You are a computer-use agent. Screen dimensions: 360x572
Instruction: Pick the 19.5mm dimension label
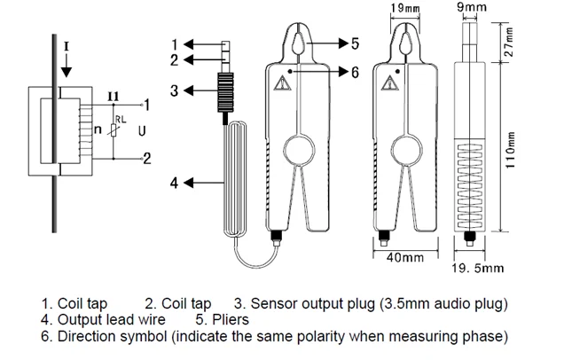[x=478, y=267]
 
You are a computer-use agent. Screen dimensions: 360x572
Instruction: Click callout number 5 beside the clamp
[x=355, y=43]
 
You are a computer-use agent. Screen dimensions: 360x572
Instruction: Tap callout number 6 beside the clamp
[x=355, y=72]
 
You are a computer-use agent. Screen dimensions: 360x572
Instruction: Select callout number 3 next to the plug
[x=175, y=90]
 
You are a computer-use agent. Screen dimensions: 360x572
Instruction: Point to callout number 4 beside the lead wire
[x=175, y=183]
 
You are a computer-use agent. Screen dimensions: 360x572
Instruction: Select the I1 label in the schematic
[x=114, y=95]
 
